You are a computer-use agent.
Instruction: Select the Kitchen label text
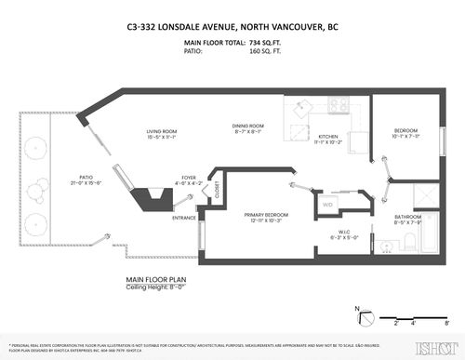coord(329,136)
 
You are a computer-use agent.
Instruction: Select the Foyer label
coord(189,177)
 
